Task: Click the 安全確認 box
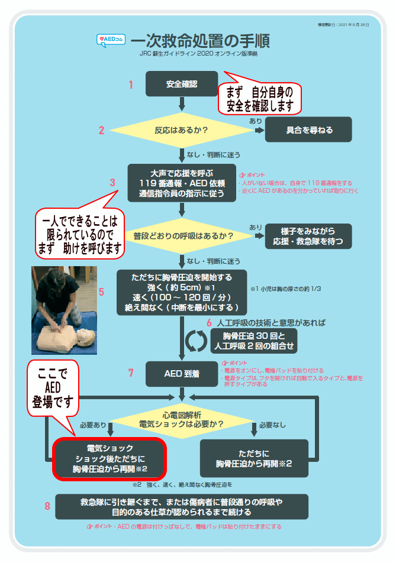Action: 182,84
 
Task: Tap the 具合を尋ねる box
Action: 309,130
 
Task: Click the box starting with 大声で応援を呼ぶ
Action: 182,183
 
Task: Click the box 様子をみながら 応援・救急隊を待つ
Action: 308,236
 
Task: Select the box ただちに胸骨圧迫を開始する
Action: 183,292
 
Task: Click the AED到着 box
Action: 182,373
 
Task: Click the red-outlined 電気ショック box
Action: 111,458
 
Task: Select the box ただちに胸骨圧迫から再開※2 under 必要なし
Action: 254,458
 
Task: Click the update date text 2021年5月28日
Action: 343,25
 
